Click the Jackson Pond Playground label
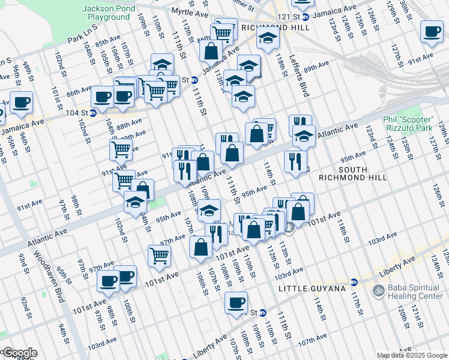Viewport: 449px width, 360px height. [106, 13]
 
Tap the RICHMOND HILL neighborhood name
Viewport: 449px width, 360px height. [275, 28]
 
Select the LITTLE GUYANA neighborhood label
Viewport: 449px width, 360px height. [313, 289]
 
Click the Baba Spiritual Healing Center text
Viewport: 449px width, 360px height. [415, 292]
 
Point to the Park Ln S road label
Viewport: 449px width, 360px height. [82, 40]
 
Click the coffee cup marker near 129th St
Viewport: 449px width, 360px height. [432, 31]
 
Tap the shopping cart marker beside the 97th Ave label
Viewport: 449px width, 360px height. [159, 255]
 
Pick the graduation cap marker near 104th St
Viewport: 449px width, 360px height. [136, 203]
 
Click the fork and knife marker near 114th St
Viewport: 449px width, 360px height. [295, 161]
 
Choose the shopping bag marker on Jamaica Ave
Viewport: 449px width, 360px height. [211, 50]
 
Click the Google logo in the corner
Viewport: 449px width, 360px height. [19, 353]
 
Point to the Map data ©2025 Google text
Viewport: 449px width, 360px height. [412, 355]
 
